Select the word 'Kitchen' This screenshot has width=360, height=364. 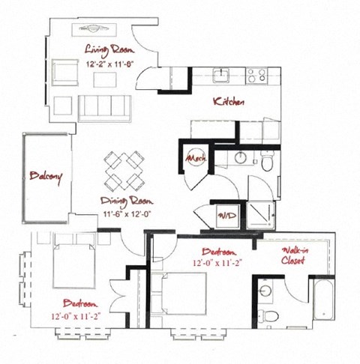tap(228, 102)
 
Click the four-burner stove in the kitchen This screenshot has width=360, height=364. tap(256, 75)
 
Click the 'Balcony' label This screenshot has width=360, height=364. tap(46, 177)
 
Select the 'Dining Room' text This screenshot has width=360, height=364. tap(123, 201)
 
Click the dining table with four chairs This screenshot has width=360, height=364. tap(123, 171)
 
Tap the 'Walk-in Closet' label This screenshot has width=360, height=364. tap(292, 256)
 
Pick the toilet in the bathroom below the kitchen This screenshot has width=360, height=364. tap(267, 160)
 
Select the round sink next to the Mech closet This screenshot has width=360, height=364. tap(240, 158)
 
